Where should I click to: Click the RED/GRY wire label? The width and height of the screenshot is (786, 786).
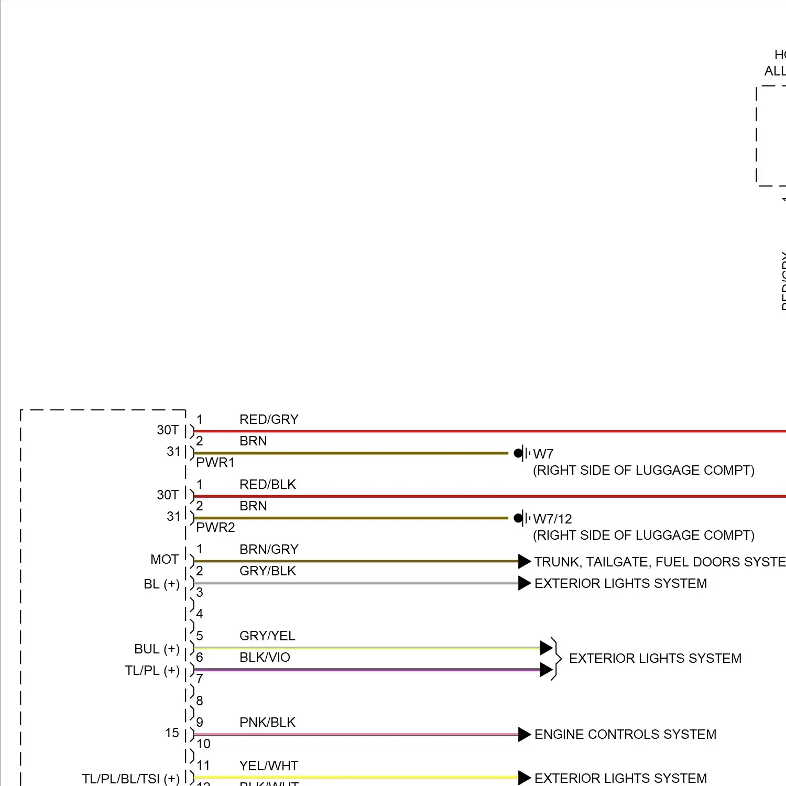(x=269, y=420)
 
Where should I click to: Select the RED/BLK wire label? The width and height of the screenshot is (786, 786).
(x=268, y=485)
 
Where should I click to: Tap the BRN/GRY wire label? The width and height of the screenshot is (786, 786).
(x=269, y=550)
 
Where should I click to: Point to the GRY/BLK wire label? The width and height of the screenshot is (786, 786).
(x=268, y=571)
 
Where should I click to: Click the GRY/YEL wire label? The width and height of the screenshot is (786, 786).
(x=267, y=636)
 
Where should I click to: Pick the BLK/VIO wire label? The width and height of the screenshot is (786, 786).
(x=265, y=658)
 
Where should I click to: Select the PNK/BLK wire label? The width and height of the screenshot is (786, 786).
(x=267, y=723)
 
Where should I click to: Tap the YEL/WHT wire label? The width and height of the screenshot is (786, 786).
(x=269, y=766)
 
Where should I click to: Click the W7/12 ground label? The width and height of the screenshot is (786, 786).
(x=552, y=519)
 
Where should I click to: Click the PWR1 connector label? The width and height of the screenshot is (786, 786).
(x=215, y=463)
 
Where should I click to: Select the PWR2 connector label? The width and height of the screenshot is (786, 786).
(x=215, y=528)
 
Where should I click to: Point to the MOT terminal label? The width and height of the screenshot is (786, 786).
(x=165, y=560)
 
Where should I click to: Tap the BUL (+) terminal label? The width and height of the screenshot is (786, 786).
(x=157, y=649)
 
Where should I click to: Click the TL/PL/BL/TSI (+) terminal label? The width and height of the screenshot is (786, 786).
(x=130, y=779)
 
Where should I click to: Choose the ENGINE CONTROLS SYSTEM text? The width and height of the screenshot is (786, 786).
(x=625, y=735)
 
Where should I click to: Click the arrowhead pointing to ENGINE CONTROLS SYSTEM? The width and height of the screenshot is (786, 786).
(x=525, y=735)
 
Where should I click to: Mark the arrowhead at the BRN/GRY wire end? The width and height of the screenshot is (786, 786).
(x=525, y=562)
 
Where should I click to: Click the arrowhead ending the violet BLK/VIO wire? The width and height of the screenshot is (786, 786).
(x=546, y=670)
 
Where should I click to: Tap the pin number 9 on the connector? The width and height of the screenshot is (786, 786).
(x=200, y=723)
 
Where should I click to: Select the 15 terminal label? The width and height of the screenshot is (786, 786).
(x=172, y=733)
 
